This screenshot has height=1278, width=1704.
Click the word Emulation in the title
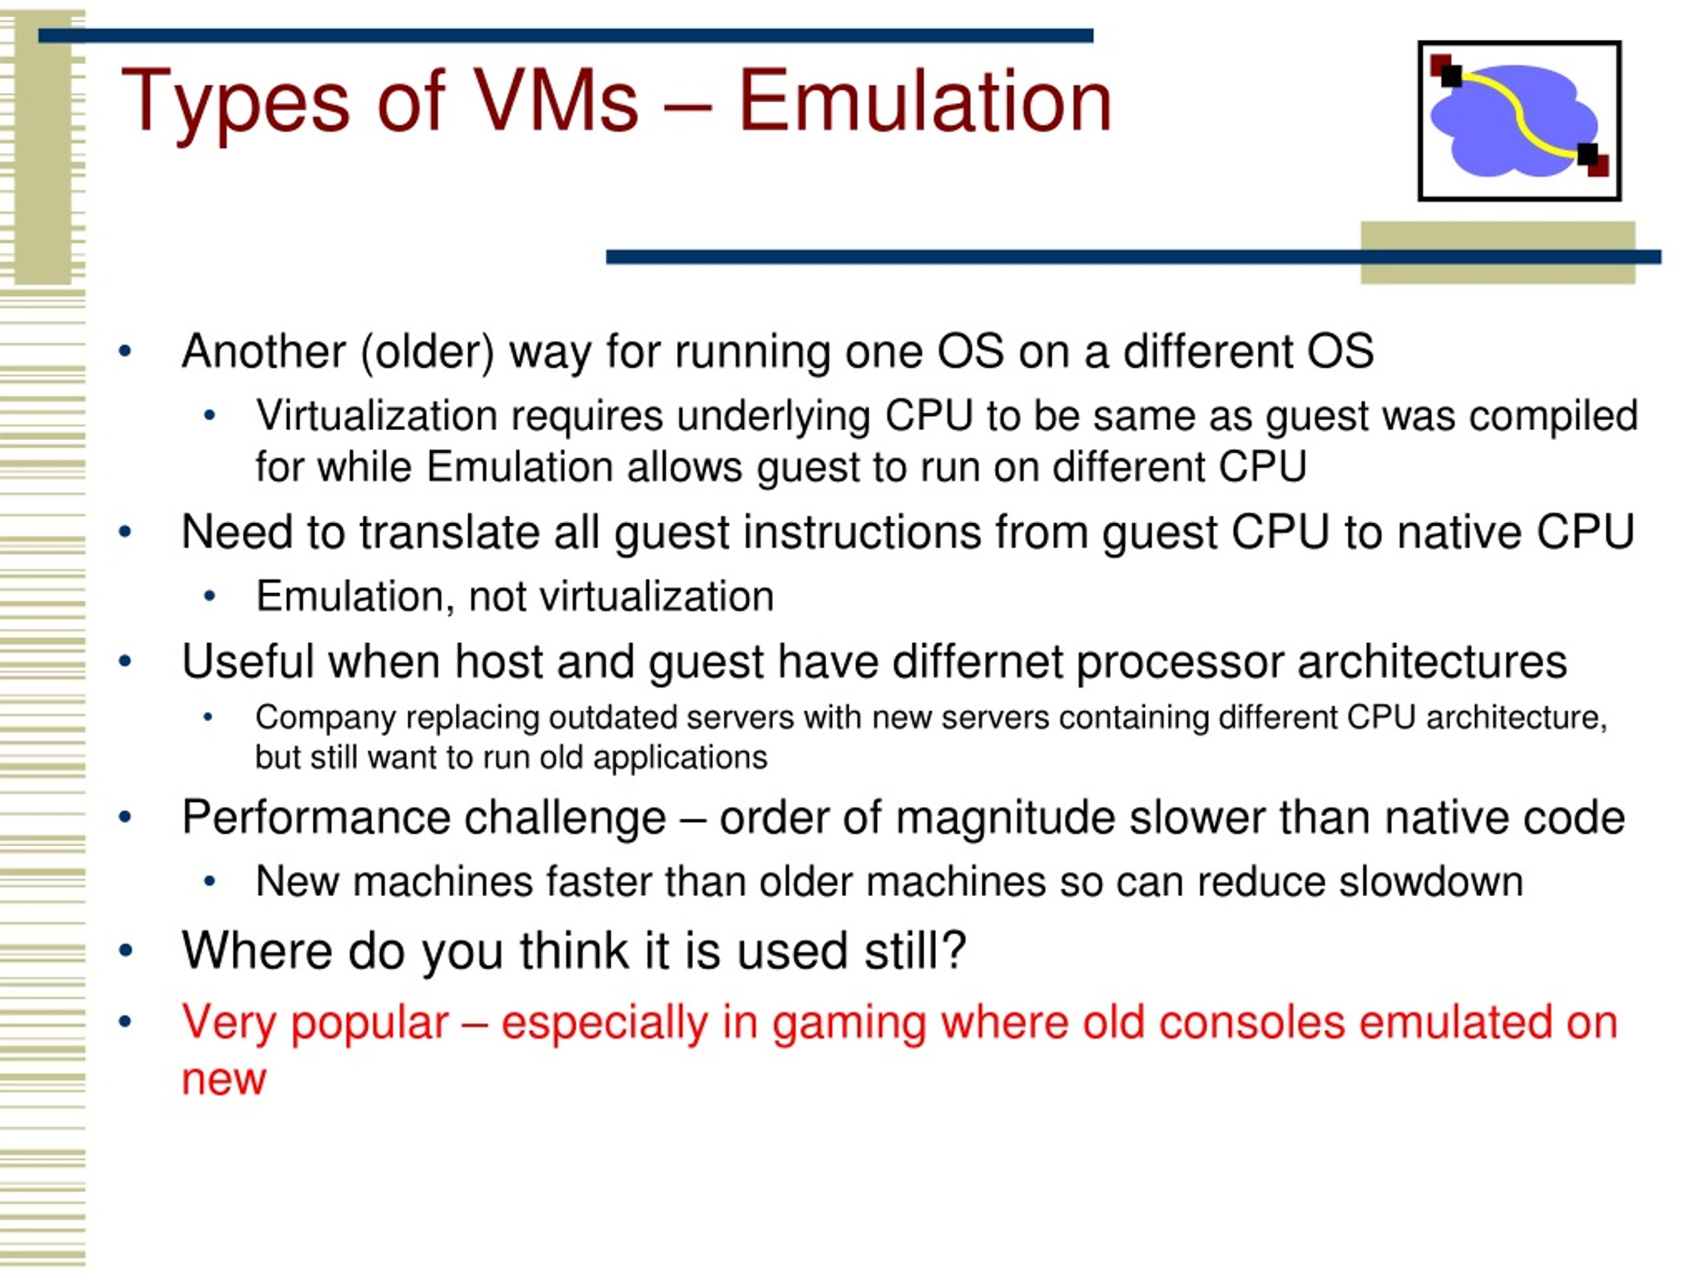(x=925, y=102)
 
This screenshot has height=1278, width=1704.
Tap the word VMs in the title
(x=554, y=102)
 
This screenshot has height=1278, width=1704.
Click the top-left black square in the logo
(x=1451, y=75)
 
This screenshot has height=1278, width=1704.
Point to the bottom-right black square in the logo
(x=1588, y=154)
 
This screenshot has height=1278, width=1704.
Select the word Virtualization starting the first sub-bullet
(x=376, y=416)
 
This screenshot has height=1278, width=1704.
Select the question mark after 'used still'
(x=955, y=951)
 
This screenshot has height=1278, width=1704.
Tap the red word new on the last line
(x=224, y=1079)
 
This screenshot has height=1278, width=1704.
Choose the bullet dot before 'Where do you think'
(x=126, y=951)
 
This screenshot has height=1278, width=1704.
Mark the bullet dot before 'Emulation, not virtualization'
(x=209, y=596)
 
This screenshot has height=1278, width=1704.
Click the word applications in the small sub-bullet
(x=680, y=758)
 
